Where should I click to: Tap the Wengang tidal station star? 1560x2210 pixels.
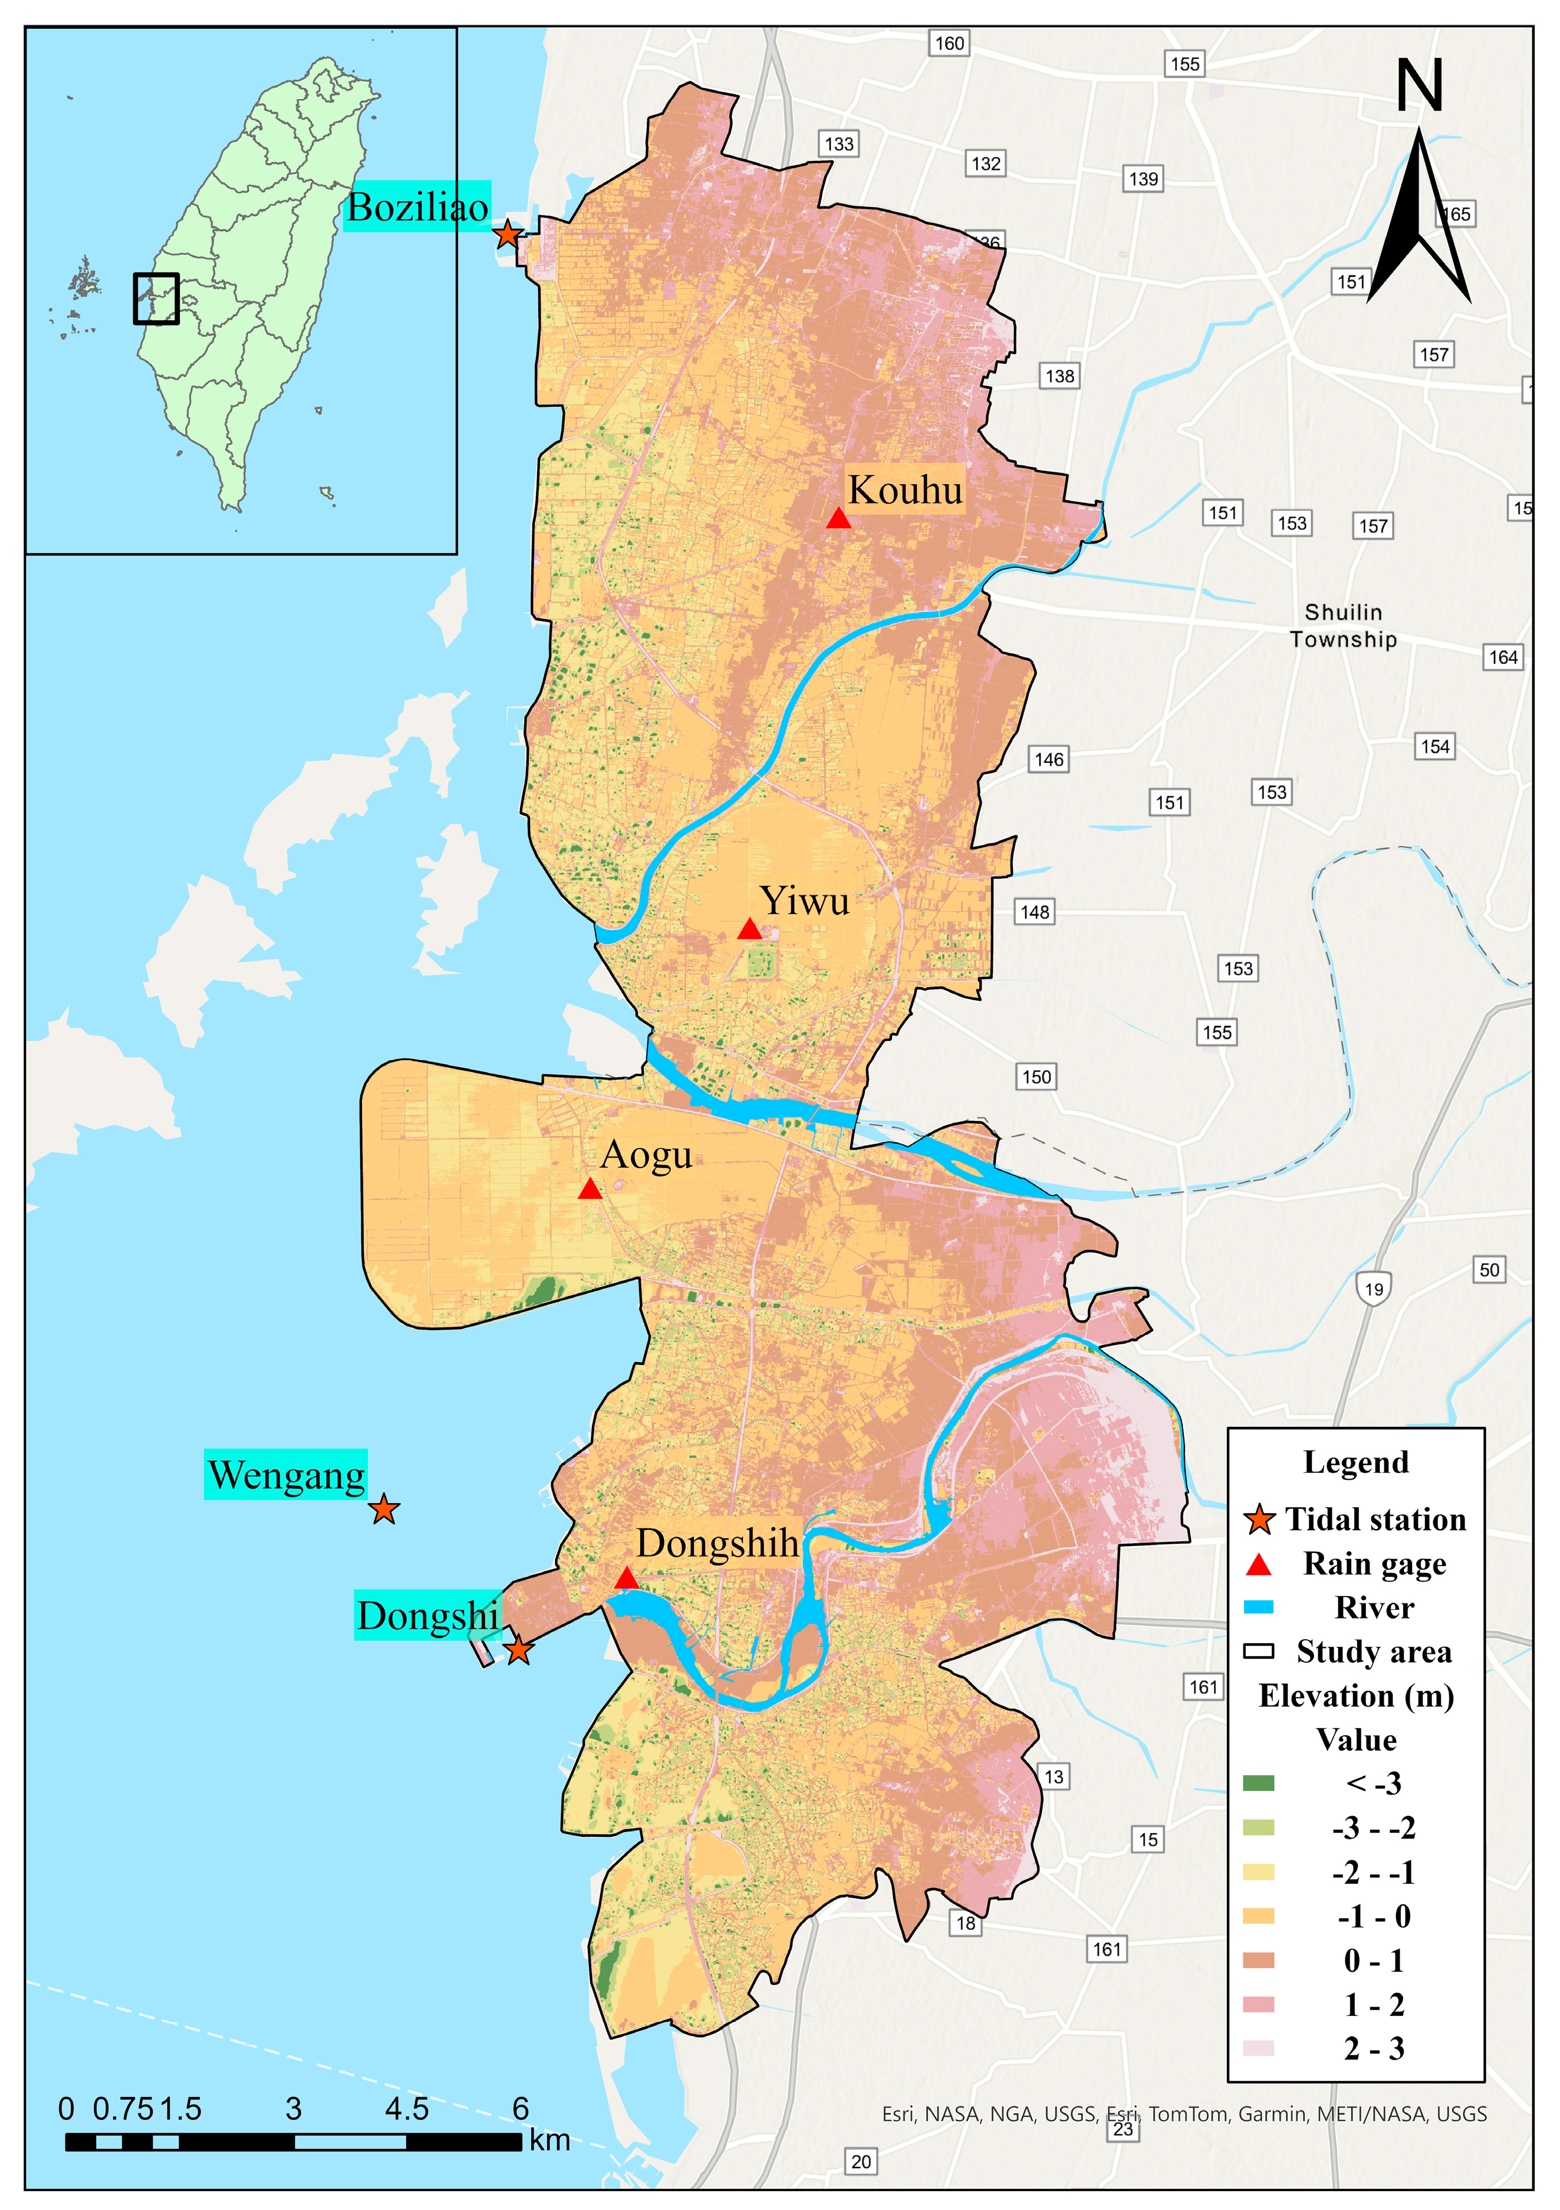coord(384,1509)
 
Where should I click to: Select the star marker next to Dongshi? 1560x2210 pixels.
coord(519,1650)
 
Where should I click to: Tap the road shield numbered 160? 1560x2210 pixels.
coord(949,43)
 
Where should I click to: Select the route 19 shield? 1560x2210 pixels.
coord(1373,1289)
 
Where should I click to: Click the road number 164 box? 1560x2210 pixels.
coord(1503,657)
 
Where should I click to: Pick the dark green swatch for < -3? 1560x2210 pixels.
coord(1258,1784)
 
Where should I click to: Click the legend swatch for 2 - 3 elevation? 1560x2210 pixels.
coord(1258,2049)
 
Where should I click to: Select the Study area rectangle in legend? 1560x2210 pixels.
coord(1258,1652)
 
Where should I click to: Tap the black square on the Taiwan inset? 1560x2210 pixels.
coord(156,298)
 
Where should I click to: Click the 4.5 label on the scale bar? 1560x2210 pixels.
coord(406,2109)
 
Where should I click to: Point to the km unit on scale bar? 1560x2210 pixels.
coord(549,2140)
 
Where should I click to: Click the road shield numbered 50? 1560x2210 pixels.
coord(1489,1270)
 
